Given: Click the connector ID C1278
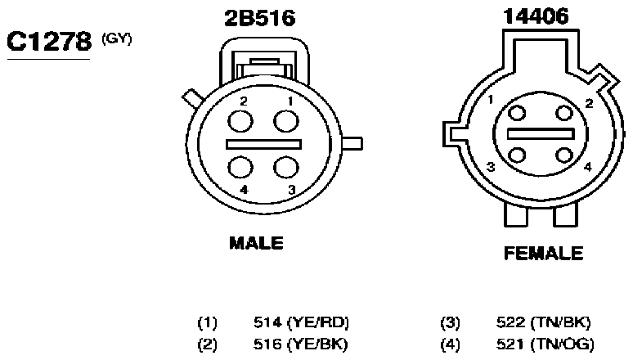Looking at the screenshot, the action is pyautogui.click(x=49, y=42).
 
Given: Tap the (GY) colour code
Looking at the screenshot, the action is pyautogui.click(x=117, y=39).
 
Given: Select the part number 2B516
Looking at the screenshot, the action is pyautogui.click(x=260, y=18).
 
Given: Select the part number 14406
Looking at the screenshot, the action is pyautogui.click(x=536, y=16).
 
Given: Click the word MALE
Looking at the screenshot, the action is pyautogui.click(x=256, y=243).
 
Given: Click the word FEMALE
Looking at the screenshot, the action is pyautogui.click(x=543, y=254).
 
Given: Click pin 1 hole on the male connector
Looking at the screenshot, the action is pyautogui.click(x=286, y=121).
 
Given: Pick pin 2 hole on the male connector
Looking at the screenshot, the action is pyautogui.click(x=240, y=121).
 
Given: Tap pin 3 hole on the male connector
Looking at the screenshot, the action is pyautogui.click(x=286, y=167).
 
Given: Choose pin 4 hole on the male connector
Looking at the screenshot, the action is pyautogui.click(x=240, y=167).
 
